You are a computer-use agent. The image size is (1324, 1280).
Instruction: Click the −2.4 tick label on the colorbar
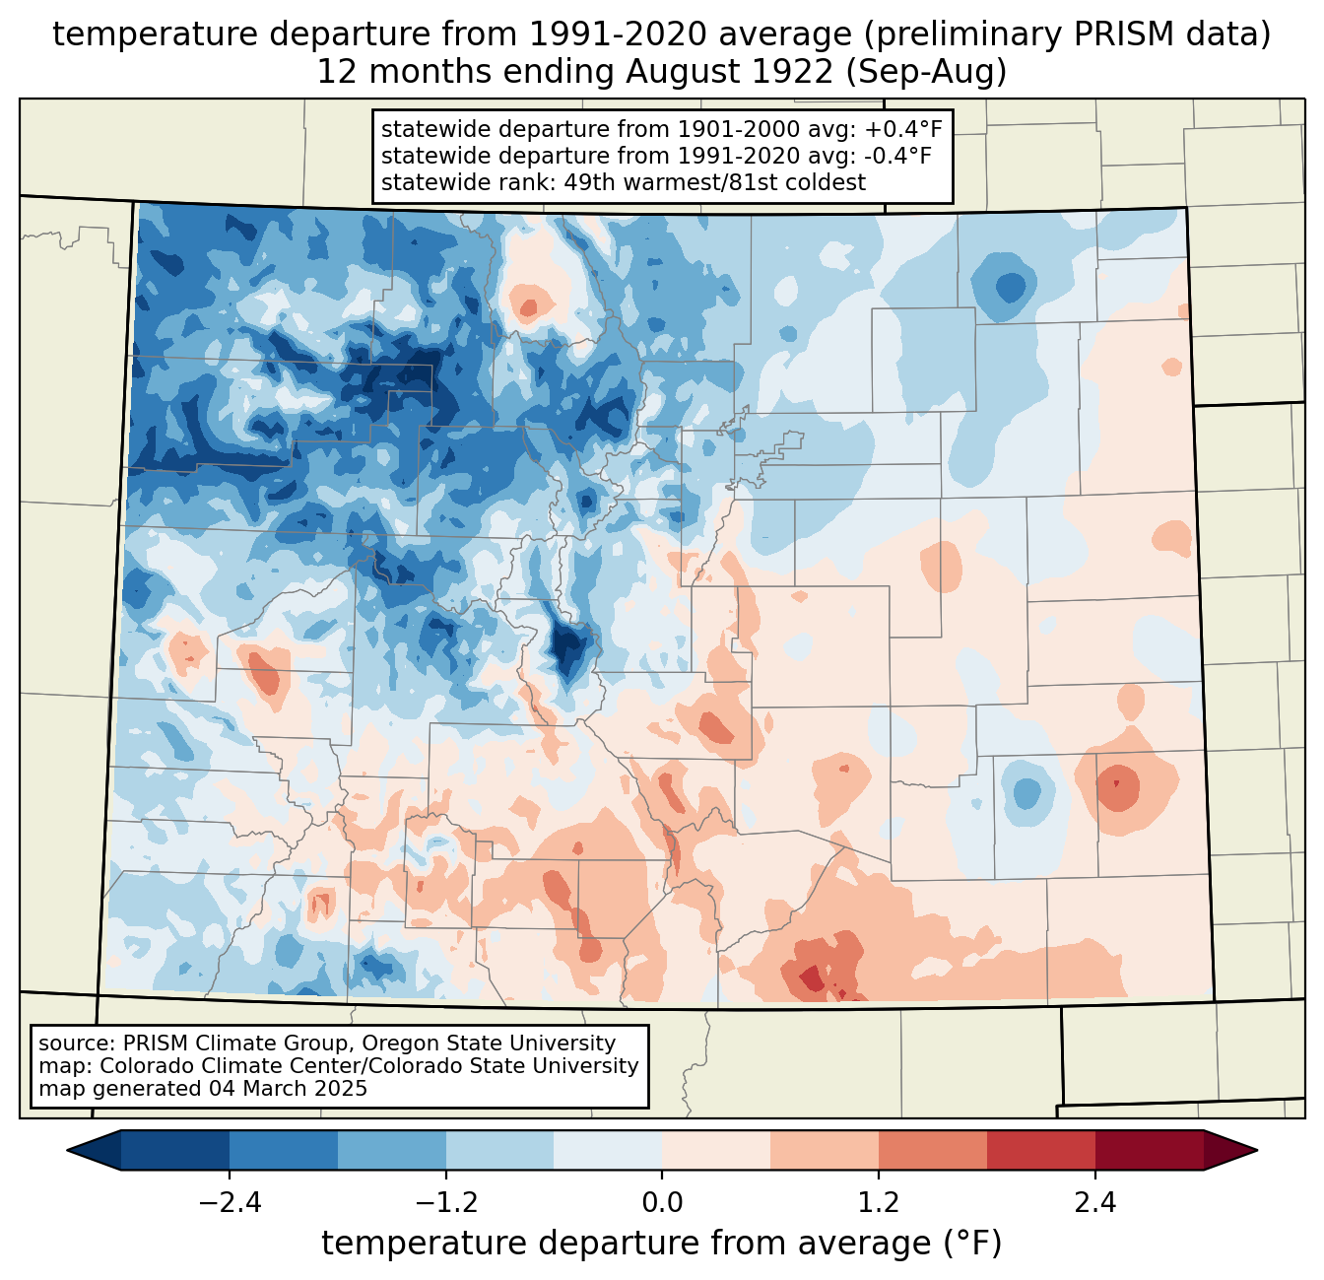[230, 1203]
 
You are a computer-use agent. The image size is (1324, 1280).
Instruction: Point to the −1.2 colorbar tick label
[445, 1203]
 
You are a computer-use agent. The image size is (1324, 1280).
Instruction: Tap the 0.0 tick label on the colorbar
[662, 1203]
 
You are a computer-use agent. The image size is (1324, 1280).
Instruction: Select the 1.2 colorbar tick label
[879, 1203]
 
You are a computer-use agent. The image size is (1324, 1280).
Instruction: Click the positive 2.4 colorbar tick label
[1095, 1203]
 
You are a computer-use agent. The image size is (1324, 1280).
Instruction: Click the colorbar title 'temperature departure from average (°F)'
[662, 1244]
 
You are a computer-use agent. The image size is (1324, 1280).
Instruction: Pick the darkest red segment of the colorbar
[1150, 1150]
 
